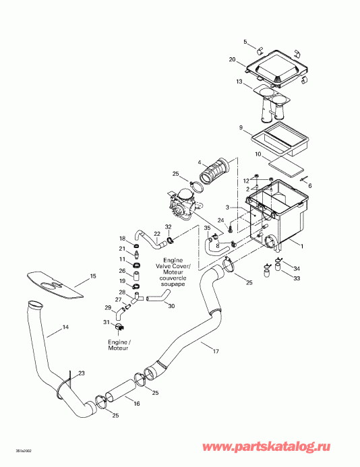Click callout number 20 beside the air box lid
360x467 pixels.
coord(232,61)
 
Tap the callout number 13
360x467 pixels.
coord(239,82)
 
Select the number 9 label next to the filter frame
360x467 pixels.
coord(240,127)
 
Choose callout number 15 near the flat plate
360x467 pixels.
coord(94,276)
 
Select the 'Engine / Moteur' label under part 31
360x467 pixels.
coord(119,345)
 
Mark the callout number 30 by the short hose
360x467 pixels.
coord(171,306)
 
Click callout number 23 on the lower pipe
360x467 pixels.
coord(81,373)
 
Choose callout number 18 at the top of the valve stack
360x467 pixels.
coord(122,239)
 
